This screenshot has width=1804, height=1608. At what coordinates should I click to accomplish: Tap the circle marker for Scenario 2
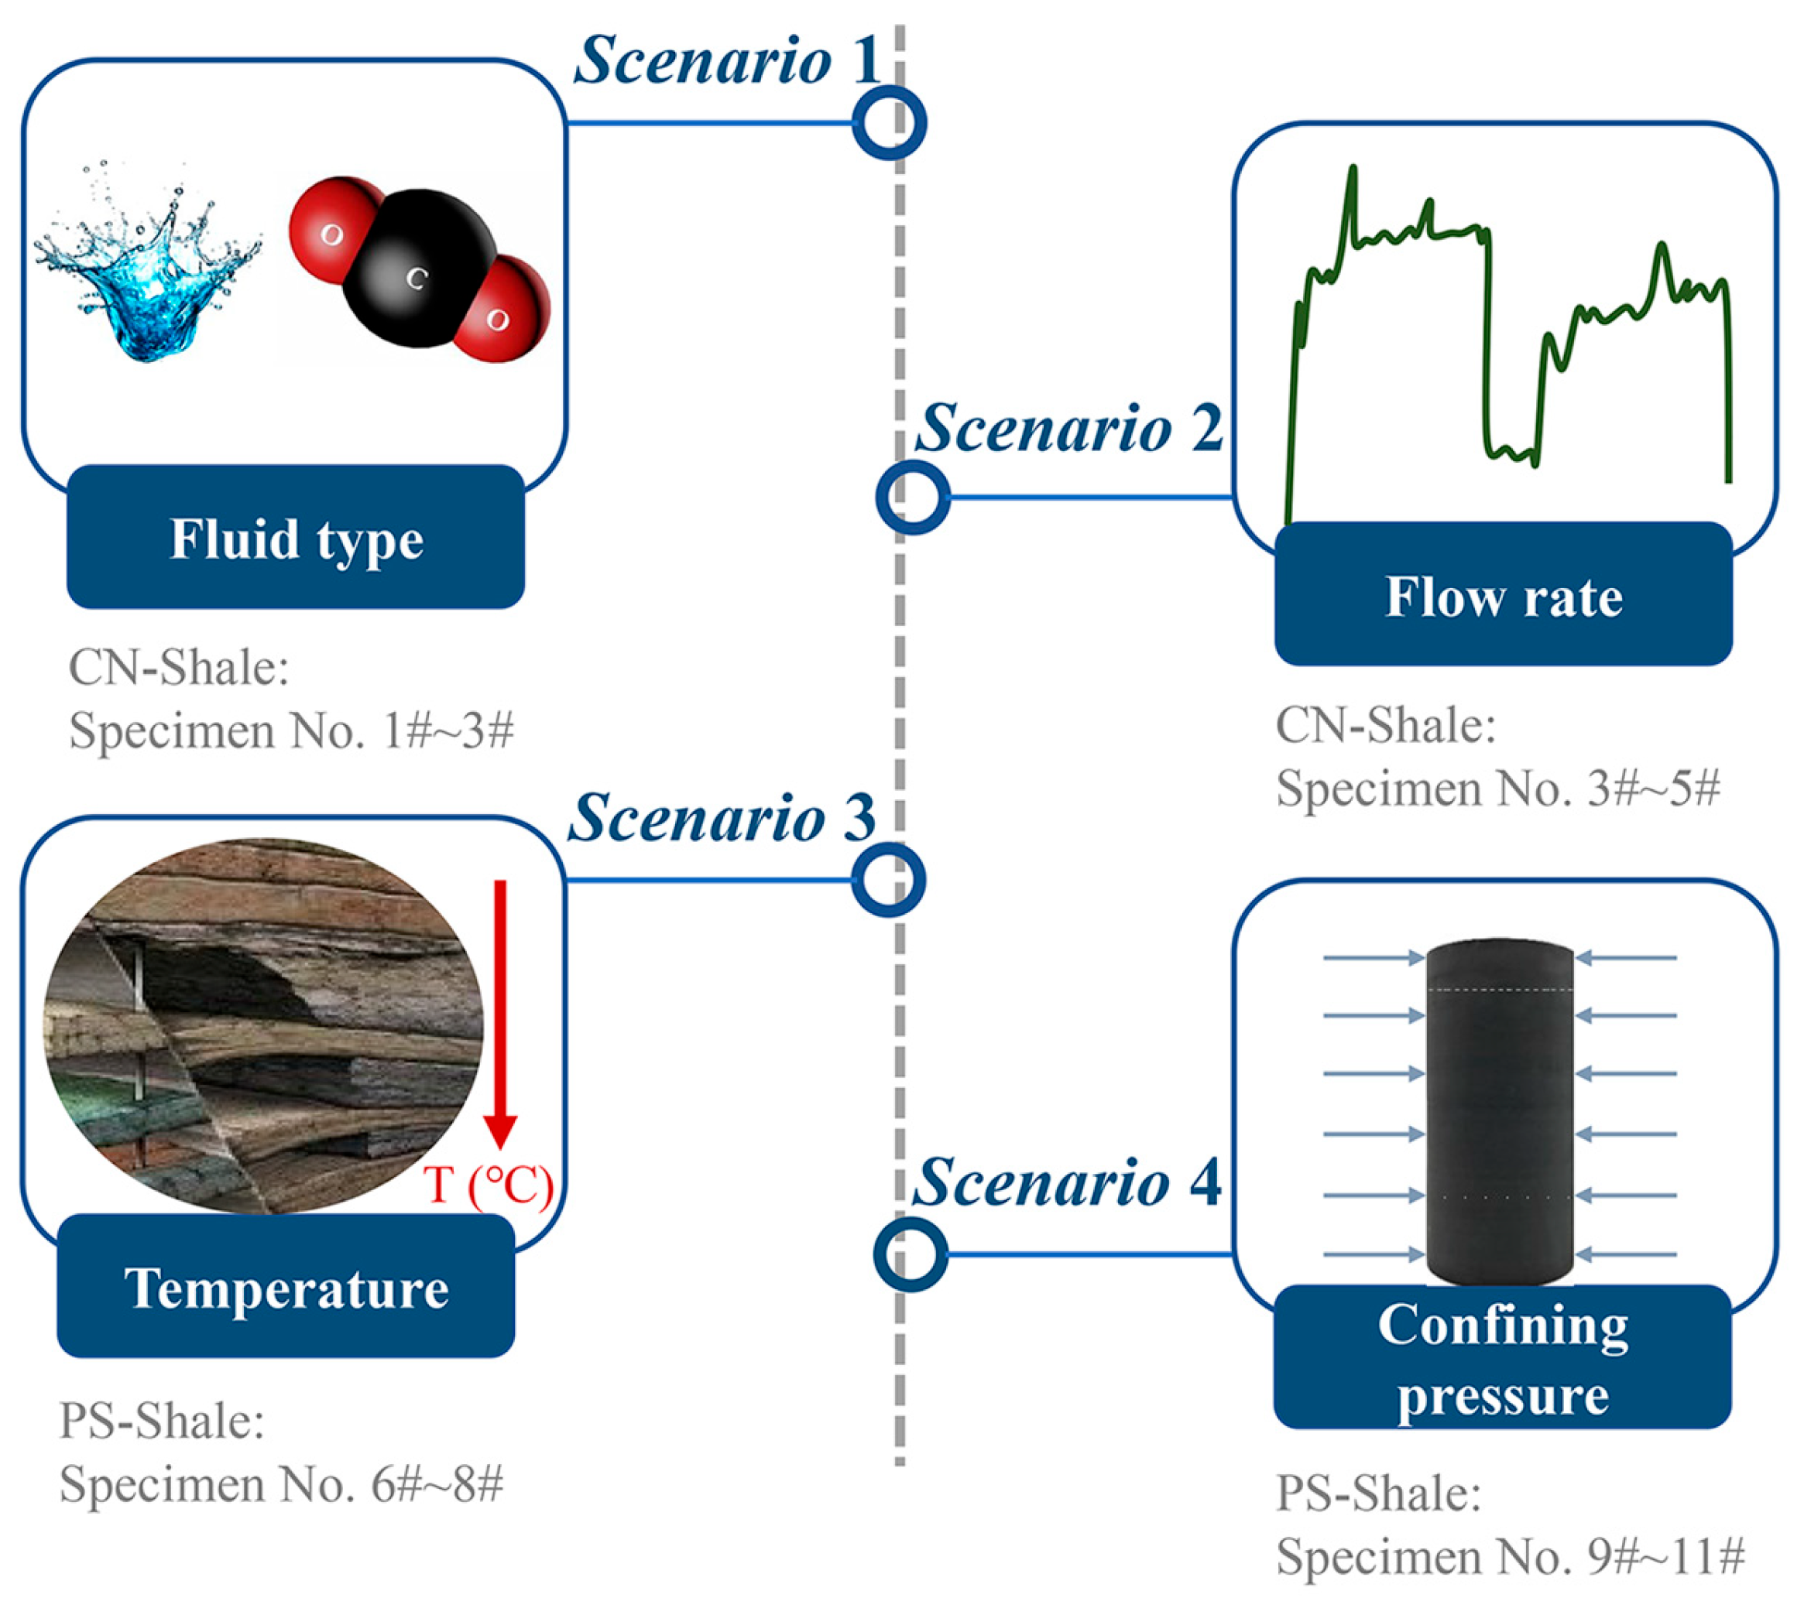coord(912,497)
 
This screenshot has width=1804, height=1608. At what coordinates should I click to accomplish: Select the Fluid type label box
coord(295,537)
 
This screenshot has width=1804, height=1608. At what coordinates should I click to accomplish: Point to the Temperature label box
coord(286,1288)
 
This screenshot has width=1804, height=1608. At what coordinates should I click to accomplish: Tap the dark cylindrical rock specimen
coord(1500,1114)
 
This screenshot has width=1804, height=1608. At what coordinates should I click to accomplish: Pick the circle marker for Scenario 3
coord(887,881)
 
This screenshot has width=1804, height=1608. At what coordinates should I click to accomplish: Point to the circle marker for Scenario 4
coord(910,1254)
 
